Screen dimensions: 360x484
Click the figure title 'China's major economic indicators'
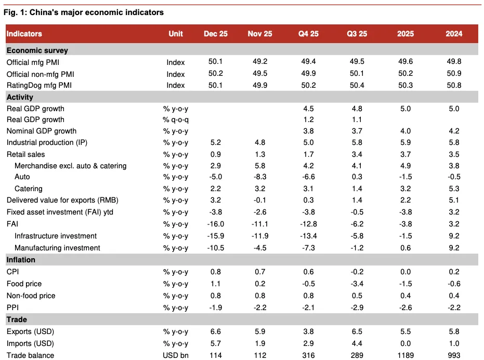point(83,12)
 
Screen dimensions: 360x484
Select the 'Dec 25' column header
point(215,34)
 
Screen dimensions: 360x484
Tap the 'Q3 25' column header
point(357,34)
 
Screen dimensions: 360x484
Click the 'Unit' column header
point(176,34)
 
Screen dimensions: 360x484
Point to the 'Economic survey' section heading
point(37,50)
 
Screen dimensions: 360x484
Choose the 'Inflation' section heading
point(21,259)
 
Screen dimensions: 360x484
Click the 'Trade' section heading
point(17,319)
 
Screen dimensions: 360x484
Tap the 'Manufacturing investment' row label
point(57,248)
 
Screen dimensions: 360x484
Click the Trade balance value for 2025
point(405,356)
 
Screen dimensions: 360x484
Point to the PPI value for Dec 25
point(215,308)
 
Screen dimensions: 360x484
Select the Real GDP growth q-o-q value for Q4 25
point(308,119)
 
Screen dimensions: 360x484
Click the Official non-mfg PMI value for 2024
point(454,74)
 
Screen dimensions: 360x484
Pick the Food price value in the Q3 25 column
point(357,284)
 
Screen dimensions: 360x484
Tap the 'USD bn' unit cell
point(176,356)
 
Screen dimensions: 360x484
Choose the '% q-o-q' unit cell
point(176,119)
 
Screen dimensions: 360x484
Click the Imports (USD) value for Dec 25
point(215,343)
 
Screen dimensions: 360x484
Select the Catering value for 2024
point(454,189)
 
